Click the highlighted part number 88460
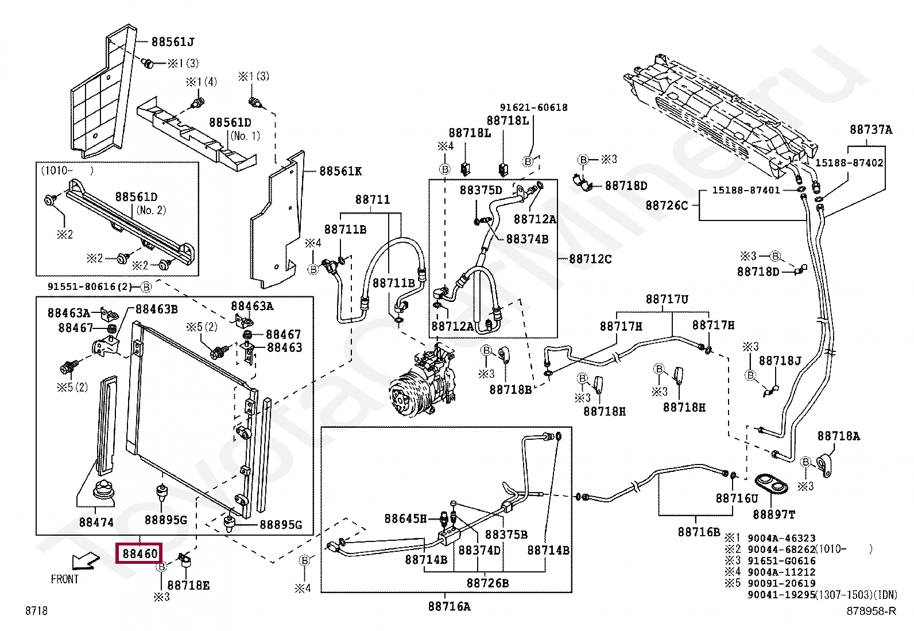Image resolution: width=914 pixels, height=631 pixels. coord(140,553)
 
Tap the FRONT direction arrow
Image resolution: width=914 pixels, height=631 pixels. coord(86,561)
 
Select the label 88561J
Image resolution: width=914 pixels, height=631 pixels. coord(173,42)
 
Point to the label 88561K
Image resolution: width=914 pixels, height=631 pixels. coord(340,171)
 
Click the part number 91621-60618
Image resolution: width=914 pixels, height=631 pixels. coord(534,107)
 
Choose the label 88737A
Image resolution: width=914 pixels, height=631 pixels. coord(871,130)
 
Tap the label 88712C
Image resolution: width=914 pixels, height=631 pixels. coord(590,259)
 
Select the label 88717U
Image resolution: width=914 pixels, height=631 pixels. coord(667,299)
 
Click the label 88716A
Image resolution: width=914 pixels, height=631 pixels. coord(449,606)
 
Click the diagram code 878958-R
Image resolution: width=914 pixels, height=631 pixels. coord(871,611)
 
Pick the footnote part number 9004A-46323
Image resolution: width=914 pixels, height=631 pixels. coord(781,538)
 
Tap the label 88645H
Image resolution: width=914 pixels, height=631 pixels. coord(405,518)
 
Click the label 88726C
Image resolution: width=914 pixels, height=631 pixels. coord(667,206)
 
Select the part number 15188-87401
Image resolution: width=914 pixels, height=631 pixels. coord(746,190)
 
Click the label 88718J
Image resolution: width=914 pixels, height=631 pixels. coord(780,361)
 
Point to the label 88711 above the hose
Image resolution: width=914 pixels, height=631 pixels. coord(373,200)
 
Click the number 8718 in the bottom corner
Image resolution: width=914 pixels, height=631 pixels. coord(36,610)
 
